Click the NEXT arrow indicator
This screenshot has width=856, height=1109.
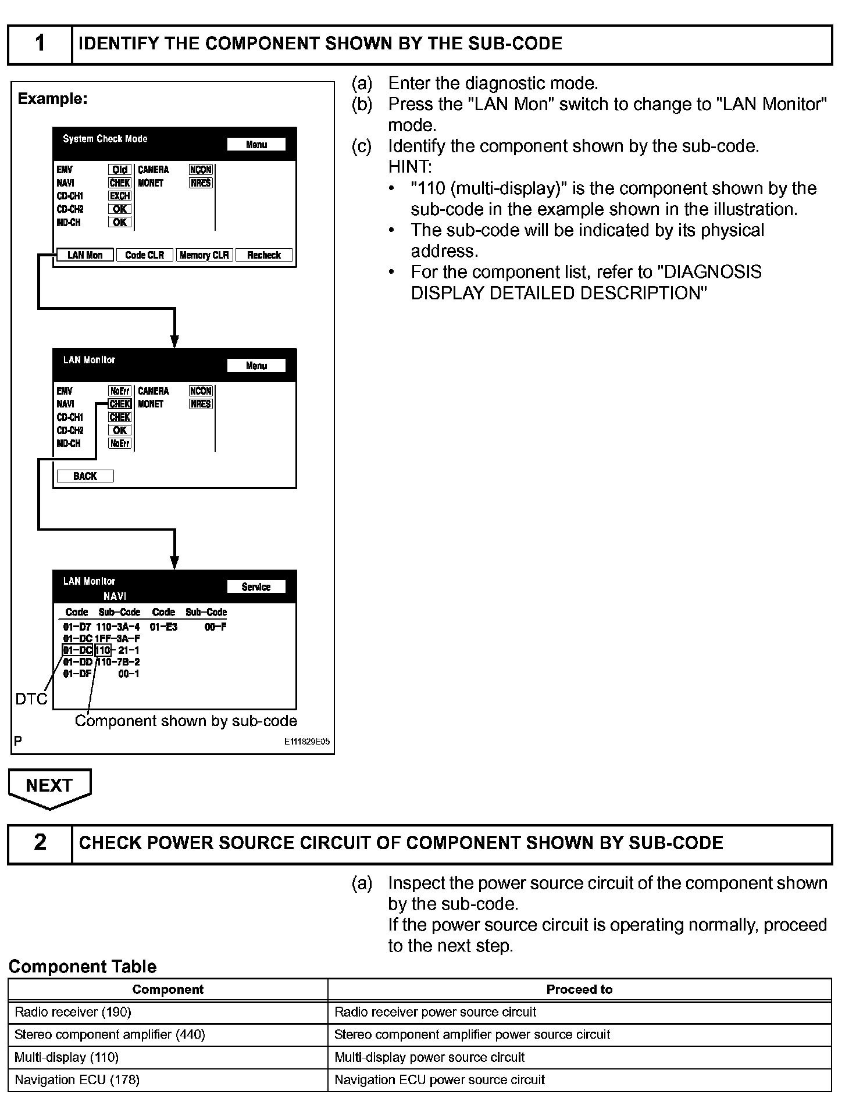pyautogui.click(x=49, y=786)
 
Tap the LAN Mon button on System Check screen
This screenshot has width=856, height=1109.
pyautogui.click(x=85, y=255)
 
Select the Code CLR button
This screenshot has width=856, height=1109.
pyautogui.click(x=145, y=255)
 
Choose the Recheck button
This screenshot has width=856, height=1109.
pyautogui.click(x=264, y=255)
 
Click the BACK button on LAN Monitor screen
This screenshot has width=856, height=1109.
pyautogui.click(x=85, y=477)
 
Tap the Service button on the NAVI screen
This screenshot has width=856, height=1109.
pyautogui.click(x=256, y=587)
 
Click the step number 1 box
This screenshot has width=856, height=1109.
pyautogui.click(x=40, y=44)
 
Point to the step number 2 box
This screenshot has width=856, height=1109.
pyautogui.click(x=40, y=843)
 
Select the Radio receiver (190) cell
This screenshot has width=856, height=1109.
pyautogui.click(x=167, y=1012)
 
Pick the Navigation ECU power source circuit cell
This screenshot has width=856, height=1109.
pyautogui.click(x=579, y=1080)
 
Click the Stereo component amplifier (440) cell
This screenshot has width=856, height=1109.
pyautogui.click(x=167, y=1035)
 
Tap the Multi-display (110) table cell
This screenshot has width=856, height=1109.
pyautogui.click(x=167, y=1057)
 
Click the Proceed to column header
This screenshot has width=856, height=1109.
pyautogui.click(x=579, y=989)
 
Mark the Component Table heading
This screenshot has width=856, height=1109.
pyautogui.click(x=83, y=967)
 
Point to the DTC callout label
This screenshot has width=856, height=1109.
pyautogui.click(x=31, y=699)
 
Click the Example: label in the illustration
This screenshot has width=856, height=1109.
pyautogui.click(x=52, y=99)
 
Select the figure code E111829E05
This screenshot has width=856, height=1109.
pyautogui.click(x=307, y=742)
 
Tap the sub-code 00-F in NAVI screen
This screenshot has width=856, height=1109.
pyautogui.click(x=215, y=627)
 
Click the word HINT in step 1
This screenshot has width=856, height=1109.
pyautogui.click(x=409, y=167)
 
